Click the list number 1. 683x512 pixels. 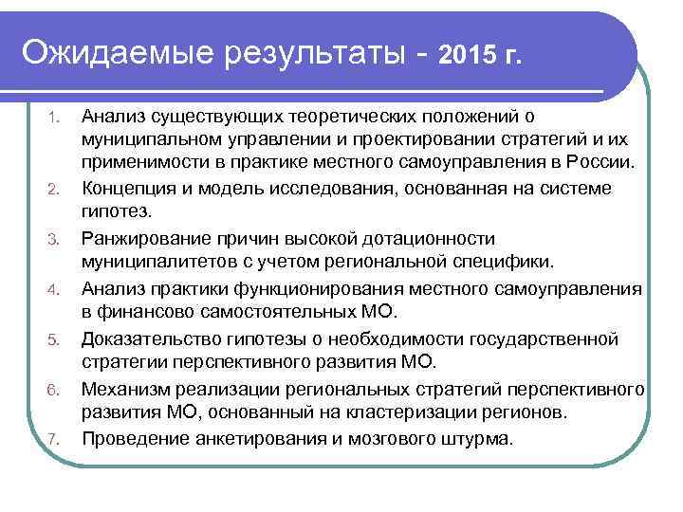pos(55,119)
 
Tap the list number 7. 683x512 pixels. pos(55,439)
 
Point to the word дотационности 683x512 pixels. pos(443,238)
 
